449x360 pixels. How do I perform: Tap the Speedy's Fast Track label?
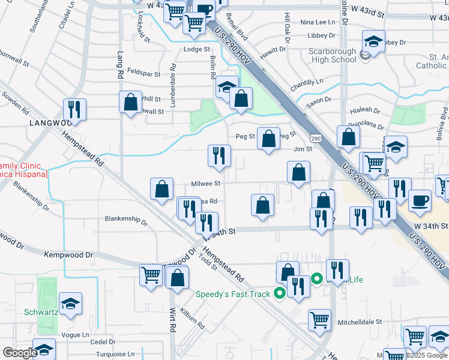point(234,294)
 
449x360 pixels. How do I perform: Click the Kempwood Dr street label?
point(70,255)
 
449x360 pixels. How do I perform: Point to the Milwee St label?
point(206,184)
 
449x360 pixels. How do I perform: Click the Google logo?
point(20,353)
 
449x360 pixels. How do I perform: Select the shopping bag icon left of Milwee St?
point(162,190)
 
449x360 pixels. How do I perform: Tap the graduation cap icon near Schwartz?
point(71,304)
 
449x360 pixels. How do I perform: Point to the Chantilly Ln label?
point(307,81)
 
